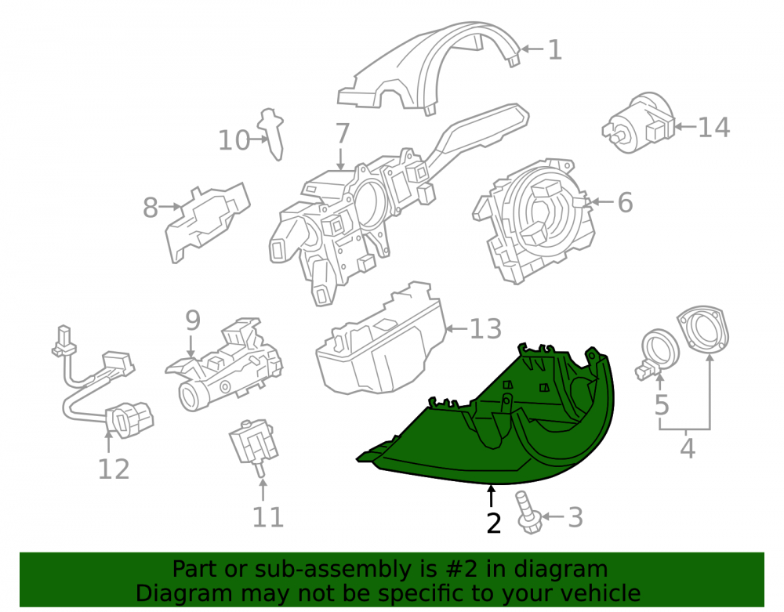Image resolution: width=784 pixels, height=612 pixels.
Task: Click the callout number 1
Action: click(555, 50)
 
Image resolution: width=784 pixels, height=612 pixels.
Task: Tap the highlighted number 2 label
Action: click(493, 523)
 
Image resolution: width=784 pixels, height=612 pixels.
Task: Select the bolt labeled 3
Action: click(528, 512)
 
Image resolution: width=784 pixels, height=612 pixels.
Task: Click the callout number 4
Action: click(688, 448)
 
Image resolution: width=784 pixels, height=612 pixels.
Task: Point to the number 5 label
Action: click(662, 404)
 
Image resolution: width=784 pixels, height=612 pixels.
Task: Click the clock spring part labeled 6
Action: click(533, 220)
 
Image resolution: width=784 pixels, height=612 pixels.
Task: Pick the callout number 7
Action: click(342, 134)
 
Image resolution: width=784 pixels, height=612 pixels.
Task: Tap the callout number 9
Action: click(193, 320)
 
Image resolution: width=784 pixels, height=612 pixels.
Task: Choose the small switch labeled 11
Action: click(255, 446)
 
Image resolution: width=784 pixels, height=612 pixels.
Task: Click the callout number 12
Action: click(114, 469)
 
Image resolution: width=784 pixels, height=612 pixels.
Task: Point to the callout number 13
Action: click(485, 329)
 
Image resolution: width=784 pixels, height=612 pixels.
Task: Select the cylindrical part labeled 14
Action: click(640, 122)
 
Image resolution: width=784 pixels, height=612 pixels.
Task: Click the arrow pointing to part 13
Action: click(456, 328)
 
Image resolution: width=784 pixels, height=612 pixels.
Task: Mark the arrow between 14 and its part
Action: click(685, 126)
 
